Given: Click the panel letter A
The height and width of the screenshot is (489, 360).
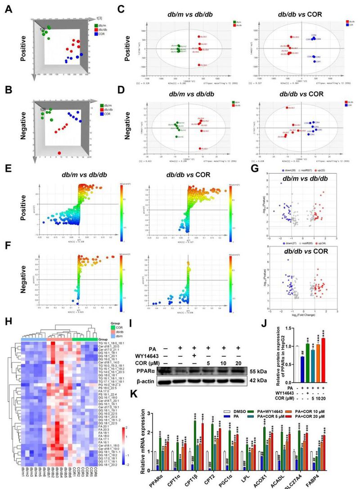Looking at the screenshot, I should pos(8,8).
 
